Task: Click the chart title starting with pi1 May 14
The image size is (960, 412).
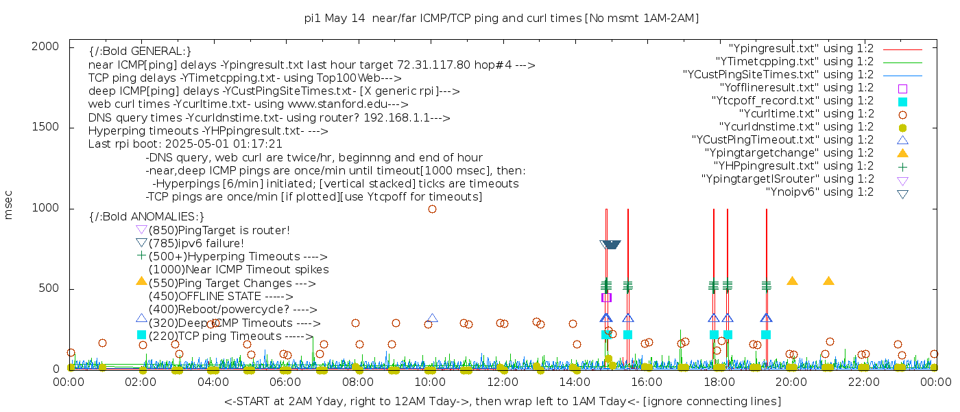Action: point(501,19)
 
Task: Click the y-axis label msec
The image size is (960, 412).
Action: point(9,205)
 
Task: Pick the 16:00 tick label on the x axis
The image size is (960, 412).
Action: point(647,382)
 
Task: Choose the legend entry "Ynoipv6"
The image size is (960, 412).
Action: point(819,192)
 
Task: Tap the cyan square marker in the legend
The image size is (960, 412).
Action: point(902,102)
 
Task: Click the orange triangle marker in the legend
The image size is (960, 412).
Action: point(902,152)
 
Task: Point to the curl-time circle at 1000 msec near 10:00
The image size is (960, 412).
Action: point(432,209)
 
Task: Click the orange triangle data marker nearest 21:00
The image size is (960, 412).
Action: point(828,281)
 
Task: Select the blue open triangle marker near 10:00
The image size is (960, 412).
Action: point(432,319)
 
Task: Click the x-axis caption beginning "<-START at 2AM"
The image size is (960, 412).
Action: point(502,401)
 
